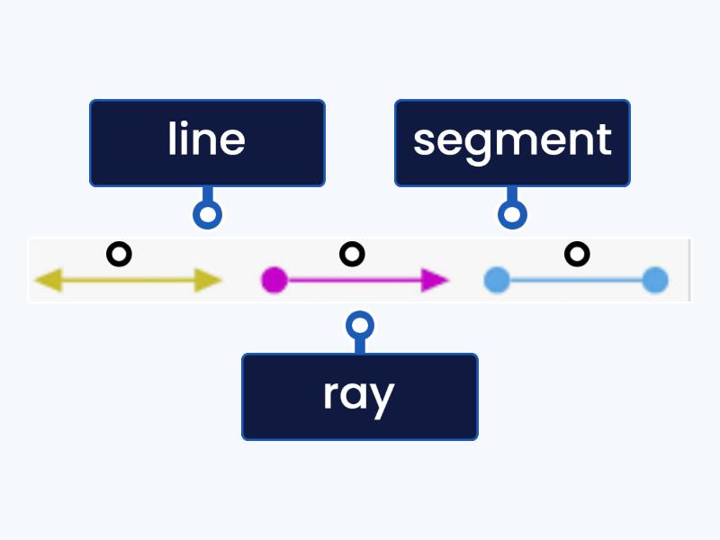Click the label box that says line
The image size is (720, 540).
[207, 143]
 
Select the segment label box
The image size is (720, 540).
[512, 143]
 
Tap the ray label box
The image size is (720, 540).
[359, 396]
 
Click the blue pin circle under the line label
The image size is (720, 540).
[208, 214]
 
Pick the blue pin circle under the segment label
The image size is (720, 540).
[513, 214]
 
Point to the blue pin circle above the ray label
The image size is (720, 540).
[360, 325]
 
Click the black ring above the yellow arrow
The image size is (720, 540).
[119, 255]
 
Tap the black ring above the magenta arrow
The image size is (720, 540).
[352, 255]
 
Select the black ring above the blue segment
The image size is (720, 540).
[576, 255]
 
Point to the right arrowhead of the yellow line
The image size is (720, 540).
[210, 281]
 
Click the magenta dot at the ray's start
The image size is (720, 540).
[274, 281]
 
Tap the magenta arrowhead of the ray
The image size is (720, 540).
[436, 281]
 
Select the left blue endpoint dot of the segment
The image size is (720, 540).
[496, 281]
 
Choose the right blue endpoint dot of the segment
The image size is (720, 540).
[655, 281]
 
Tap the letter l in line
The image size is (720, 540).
[173, 139]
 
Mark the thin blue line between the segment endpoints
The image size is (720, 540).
[576, 281]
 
